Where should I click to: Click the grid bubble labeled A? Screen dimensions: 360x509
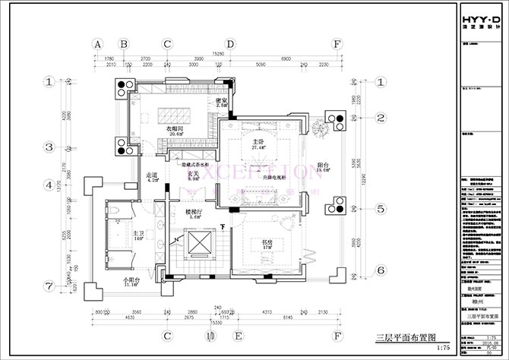[98, 44]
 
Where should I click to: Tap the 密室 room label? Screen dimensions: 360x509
[223, 101]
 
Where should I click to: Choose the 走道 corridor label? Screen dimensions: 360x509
[151, 177]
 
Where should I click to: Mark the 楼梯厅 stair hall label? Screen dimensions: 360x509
[193, 212]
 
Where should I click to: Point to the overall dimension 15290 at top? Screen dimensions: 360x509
[217, 53]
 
